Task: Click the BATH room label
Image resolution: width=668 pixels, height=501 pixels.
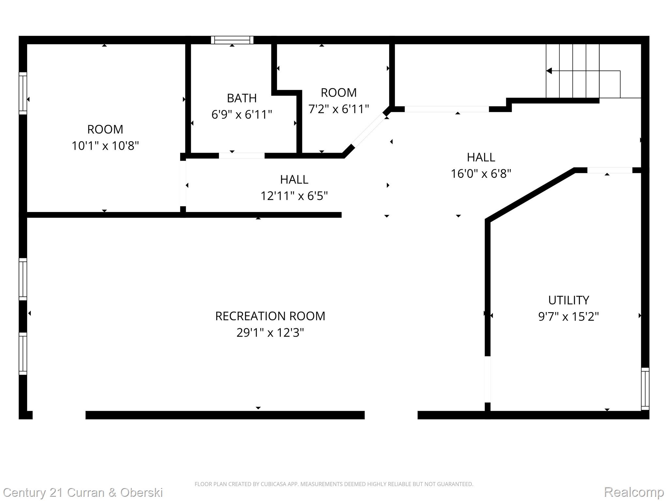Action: [242, 98]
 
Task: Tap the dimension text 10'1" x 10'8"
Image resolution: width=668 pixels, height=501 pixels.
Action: [105, 146]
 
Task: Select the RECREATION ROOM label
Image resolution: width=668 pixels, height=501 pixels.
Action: [270, 316]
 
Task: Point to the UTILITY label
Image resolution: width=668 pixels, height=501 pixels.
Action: [569, 300]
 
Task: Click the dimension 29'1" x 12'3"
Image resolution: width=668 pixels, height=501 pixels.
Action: [270, 333]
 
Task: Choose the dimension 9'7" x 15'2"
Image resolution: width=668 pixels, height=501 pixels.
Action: [569, 316]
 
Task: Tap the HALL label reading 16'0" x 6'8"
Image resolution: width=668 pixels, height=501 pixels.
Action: [481, 158]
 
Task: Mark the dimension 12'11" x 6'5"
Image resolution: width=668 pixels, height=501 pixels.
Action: [294, 196]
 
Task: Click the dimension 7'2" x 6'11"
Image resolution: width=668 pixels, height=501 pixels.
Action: [339, 109]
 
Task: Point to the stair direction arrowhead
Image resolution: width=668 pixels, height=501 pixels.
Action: [549, 71]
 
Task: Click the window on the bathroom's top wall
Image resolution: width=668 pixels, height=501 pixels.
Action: [232, 40]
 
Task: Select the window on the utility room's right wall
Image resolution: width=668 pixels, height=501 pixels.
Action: [645, 388]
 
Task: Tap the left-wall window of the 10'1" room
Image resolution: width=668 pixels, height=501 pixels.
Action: [23, 93]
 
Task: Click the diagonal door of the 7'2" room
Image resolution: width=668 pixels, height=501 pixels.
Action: [369, 130]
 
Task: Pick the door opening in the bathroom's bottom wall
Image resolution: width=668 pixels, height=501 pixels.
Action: [241, 156]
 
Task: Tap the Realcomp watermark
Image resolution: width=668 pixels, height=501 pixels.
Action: [634, 492]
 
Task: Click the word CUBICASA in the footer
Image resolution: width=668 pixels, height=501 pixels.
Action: [274, 484]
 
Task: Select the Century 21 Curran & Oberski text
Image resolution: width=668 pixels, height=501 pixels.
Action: [83, 493]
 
